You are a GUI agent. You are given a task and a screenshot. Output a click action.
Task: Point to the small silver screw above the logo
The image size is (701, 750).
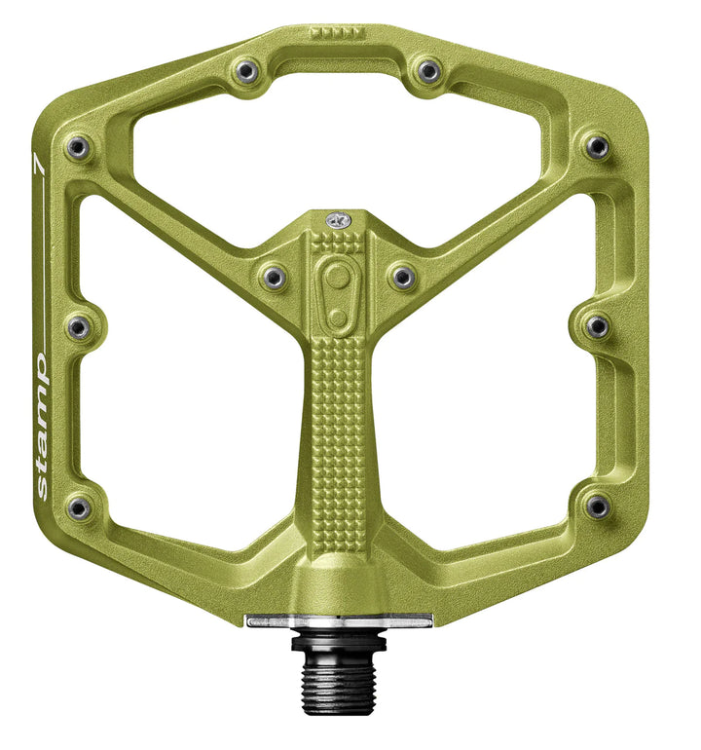[338, 220]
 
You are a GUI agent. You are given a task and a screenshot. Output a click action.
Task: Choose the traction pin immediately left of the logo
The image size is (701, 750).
[274, 278]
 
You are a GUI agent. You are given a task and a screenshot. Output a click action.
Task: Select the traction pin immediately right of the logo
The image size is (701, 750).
[402, 278]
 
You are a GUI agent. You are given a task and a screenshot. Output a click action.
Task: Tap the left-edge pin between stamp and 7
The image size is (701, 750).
[79, 326]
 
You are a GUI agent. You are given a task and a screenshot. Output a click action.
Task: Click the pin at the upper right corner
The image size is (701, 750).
[597, 147]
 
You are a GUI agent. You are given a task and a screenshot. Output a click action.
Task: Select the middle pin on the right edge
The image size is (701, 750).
[597, 326]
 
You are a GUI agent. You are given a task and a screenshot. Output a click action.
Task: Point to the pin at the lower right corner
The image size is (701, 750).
[598, 506]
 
